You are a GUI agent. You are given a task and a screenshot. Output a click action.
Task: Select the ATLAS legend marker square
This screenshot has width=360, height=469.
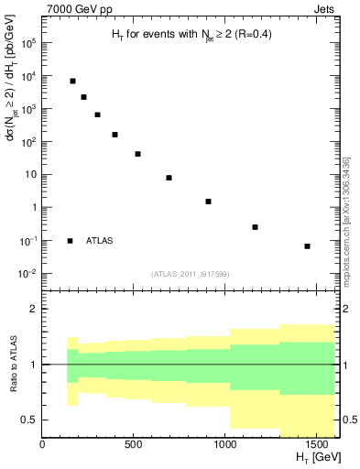click(71, 241)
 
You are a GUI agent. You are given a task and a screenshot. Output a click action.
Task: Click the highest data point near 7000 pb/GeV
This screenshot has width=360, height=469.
click(72, 81)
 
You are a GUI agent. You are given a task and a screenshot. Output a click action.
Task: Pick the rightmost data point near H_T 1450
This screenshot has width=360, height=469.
click(307, 246)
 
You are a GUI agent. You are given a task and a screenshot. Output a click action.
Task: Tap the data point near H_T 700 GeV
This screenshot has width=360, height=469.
click(169, 178)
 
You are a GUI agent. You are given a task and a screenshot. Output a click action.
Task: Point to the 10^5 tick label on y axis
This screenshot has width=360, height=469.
click(29, 43)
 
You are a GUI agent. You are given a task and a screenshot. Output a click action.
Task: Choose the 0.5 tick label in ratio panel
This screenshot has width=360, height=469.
click(27, 420)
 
